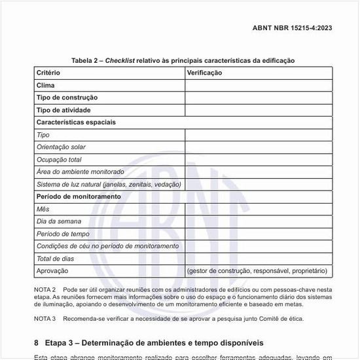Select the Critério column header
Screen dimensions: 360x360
[x=48, y=73]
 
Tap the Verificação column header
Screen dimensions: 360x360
[x=204, y=73]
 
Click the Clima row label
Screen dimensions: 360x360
[x=46, y=85]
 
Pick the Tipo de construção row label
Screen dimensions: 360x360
[x=67, y=98]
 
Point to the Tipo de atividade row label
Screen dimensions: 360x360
[x=63, y=110]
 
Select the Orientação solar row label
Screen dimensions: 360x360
[x=61, y=147]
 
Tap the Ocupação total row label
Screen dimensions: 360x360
[x=59, y=160]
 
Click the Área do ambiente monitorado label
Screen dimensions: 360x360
[x=80, y=172]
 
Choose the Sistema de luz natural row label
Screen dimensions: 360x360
[x=109, y=185]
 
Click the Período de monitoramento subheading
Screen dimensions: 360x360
[x=79, y=196]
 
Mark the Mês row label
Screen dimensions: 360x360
[x=43, y=209]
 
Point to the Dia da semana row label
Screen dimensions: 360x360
[x=59, y=222]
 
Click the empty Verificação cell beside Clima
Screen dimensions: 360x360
[x=257, y=85]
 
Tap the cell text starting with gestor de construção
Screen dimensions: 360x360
[x=257, y=271]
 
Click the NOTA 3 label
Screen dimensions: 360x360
[x=45, y=319]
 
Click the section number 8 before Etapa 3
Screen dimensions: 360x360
[x=37, y=343]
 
